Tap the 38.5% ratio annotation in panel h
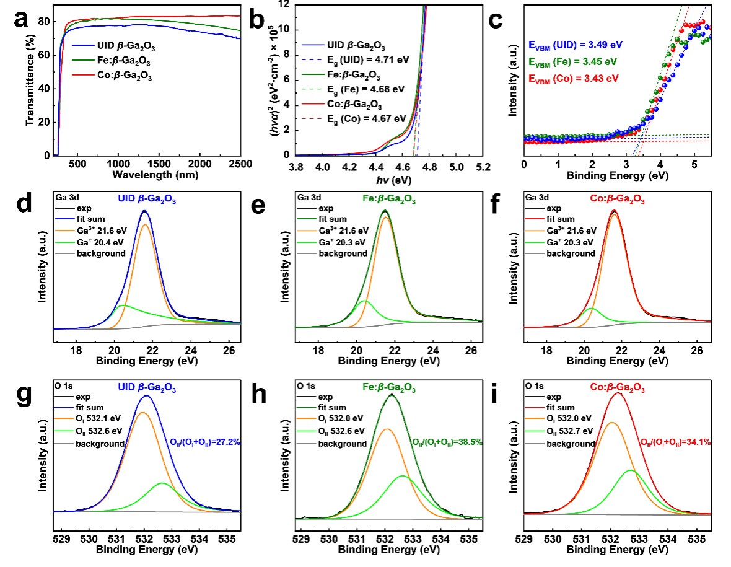(x=447, y=442)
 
